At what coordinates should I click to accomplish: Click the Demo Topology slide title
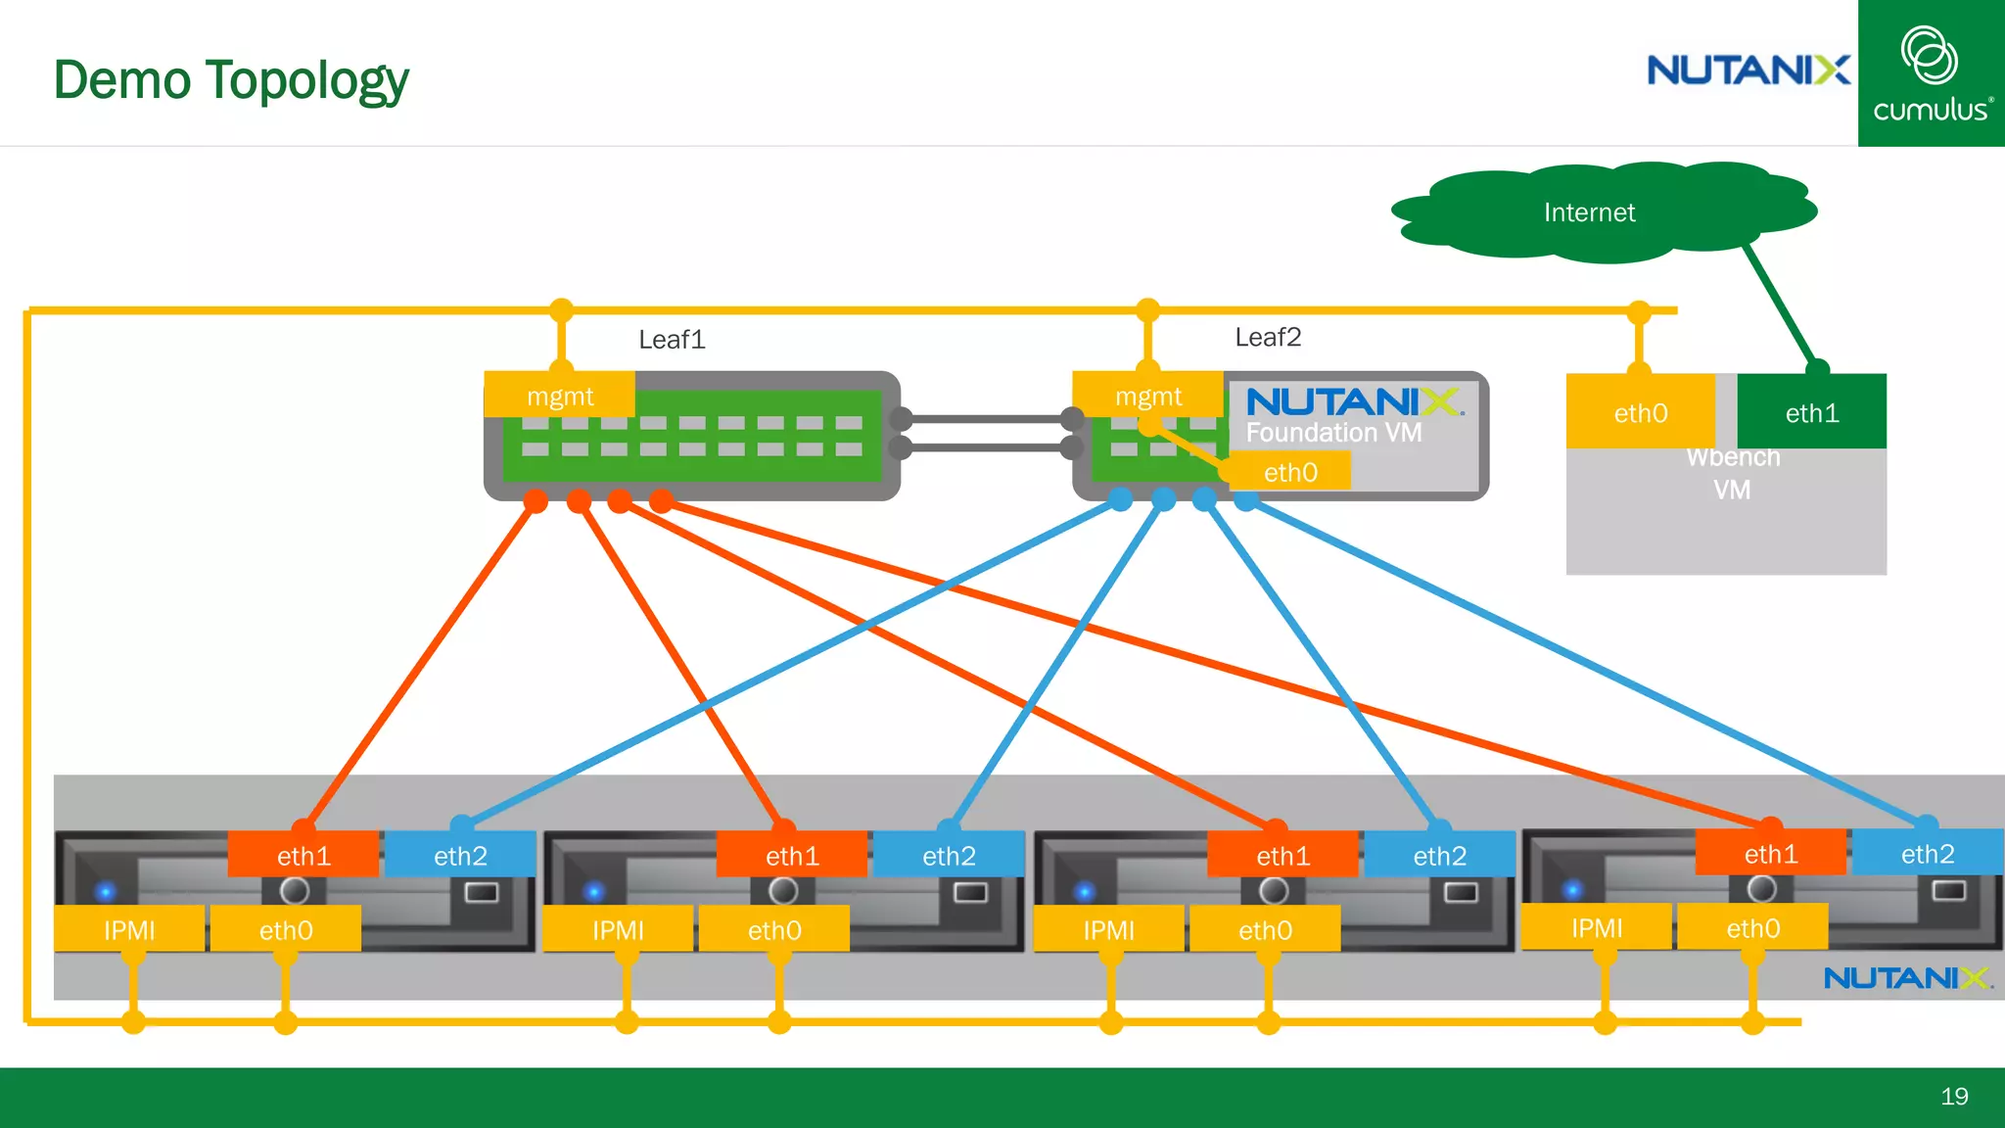click(x=231, y=80)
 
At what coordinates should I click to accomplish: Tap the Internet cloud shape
click(x=1589, y=212)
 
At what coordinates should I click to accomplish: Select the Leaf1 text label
click(x=672, y=340)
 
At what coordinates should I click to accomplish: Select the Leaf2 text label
click(x=1268, y=338)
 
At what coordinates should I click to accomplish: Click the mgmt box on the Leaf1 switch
click(x=560, y=397)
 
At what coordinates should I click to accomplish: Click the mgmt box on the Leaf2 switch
click(x=1147, y=397)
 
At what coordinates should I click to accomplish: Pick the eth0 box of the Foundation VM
click(x=1290, y=472)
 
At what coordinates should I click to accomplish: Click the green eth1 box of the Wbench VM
click(x=1811, y=412)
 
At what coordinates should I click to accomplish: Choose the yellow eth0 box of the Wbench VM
click(x=1641, y=412)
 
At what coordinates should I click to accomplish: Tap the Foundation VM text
click(x=1333, y=432)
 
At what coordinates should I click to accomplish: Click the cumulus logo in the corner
click(x=1931, y=74)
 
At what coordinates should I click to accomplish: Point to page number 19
click(x=1954, y=1096)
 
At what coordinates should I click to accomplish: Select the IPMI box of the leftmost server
click(x=129, y=929)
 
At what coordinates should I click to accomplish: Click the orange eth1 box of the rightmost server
click(x=1770, y=854)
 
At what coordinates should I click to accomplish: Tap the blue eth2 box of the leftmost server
click(x=460, y=856)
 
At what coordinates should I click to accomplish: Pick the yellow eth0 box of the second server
click(x=773, y=929)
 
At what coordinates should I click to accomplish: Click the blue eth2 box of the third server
click(x=1439, y=856)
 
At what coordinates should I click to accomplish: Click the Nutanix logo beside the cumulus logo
click(x=1748, y=70)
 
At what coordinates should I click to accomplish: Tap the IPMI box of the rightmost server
click(x=1596, y=927)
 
